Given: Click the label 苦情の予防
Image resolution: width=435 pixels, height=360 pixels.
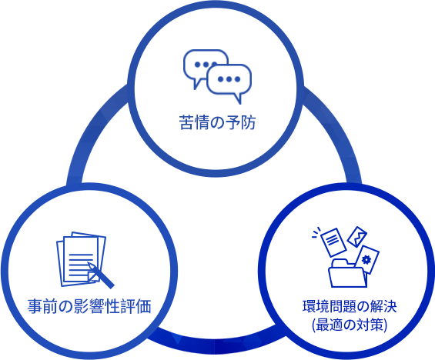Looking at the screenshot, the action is (217, 122).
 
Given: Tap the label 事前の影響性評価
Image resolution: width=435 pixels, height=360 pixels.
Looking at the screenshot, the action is (89, 306).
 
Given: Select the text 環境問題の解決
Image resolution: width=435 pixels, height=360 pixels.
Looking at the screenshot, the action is (350, 306).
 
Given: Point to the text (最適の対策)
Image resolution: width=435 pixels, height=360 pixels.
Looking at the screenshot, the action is (350, 325).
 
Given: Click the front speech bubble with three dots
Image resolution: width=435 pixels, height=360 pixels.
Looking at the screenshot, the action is (229, 81).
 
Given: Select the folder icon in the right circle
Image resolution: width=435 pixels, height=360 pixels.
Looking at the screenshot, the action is (346, 274).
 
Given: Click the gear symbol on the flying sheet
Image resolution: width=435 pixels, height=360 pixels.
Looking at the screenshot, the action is (366, 260).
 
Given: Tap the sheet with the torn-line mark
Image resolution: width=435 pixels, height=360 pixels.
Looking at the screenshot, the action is (357, 237).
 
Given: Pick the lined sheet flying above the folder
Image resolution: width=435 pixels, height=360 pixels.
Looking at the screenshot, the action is (333, 242).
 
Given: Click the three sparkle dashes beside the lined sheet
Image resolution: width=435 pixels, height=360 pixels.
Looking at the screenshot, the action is (316, 232).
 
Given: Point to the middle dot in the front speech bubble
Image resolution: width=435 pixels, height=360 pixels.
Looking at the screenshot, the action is (229, 79).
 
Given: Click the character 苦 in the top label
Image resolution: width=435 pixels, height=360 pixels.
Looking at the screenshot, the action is (186, 122).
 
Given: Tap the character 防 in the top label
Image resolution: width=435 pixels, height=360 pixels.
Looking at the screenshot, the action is (248, 122).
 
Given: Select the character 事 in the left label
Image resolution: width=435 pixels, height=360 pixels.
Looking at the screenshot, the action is (35, 306).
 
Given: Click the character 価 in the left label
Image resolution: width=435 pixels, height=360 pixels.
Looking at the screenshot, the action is (144, 306).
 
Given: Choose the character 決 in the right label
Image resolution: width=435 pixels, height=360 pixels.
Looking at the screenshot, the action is (390, 306).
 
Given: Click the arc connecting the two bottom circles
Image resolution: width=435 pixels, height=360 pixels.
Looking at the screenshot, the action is (216, 346).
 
